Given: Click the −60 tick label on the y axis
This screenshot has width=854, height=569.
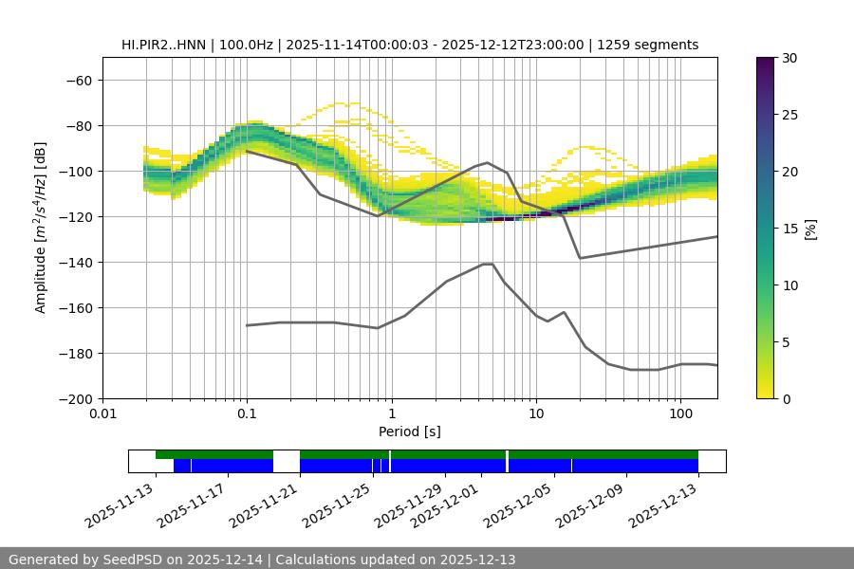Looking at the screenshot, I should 79,80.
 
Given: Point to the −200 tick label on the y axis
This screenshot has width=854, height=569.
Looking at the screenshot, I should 75,398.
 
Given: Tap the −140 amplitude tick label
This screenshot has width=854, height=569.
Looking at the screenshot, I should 75,262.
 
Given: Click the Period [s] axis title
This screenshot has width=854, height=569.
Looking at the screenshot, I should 409,431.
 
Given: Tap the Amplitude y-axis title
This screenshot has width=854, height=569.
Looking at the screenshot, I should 41,228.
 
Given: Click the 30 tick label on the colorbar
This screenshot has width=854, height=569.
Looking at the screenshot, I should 790,58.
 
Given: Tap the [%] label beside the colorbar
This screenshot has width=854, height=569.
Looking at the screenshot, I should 809,229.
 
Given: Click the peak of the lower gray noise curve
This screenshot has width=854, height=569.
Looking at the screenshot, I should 488,264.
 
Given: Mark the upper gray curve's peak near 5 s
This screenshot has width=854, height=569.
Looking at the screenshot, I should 488,162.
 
